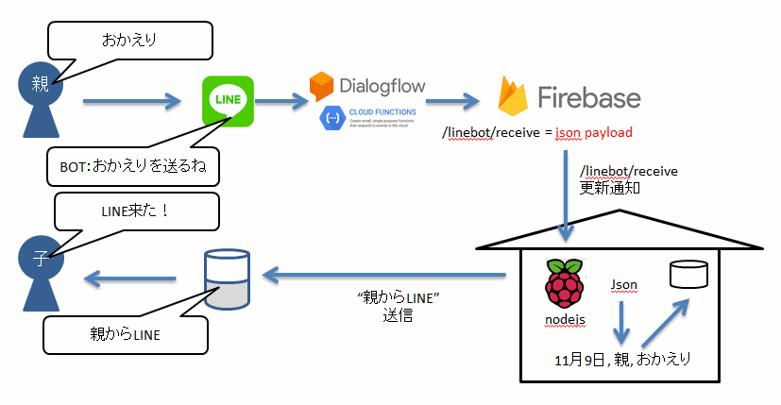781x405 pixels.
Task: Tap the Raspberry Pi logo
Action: tap(566, 283)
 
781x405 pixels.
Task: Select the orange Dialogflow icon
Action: tap(323, 87)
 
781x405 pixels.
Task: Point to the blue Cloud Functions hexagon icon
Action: tap(332, 118)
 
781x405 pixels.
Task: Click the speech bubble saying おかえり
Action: tap(129, 42)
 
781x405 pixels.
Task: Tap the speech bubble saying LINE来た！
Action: tap(136, 211)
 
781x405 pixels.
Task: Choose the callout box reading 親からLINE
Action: tap(125, 333)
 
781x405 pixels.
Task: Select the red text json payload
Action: tap(593, 132)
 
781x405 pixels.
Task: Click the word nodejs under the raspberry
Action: tap(566, 320)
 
